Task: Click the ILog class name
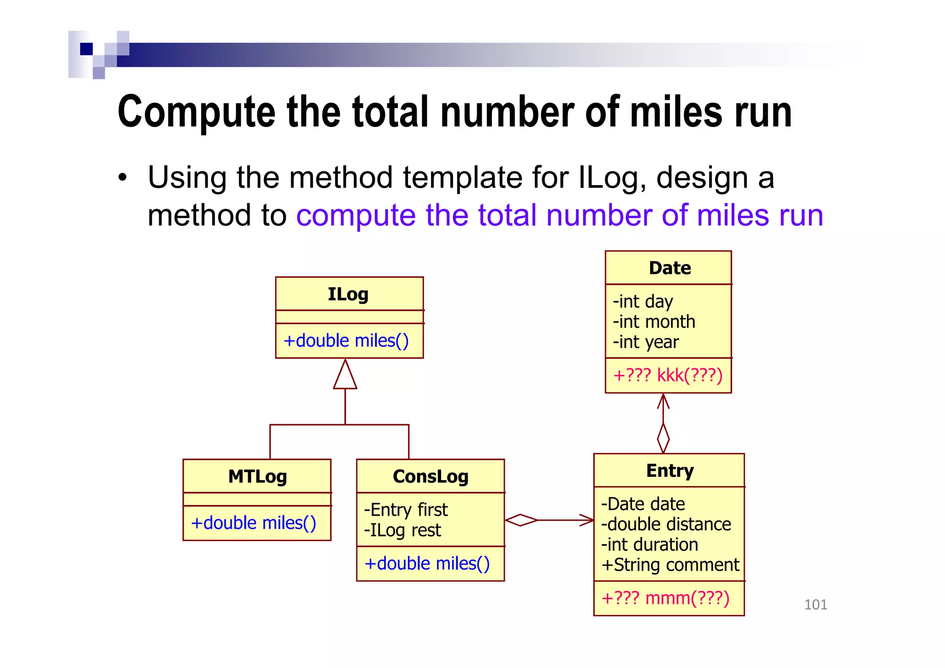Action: coord(348,294)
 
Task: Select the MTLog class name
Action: coord(257,476)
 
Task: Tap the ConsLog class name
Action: coord(430,476)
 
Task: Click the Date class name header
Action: coord(670,268)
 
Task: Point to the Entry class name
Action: coord(670,471)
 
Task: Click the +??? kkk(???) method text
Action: coord(667,375)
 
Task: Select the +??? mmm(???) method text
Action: coord(665,598)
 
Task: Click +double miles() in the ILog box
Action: coord(346,341)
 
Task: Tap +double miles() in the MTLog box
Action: coord(253,523)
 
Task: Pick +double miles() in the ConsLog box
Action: coord(427,564)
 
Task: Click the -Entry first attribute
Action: coord(406,510)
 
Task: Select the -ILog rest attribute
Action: coord(402,530)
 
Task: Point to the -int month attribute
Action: coord(654,322)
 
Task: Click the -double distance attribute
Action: coord(666,524)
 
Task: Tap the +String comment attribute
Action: coord(670,565)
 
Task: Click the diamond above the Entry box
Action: coord(663,438)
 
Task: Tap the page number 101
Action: coord(815,605)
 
